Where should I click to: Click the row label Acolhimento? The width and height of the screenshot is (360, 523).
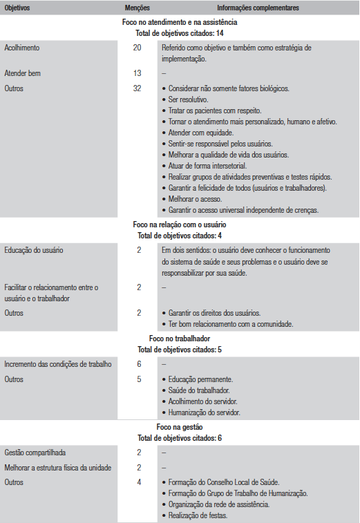pyautogui.click(x=22, y=48)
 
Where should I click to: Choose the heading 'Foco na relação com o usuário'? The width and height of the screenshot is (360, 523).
pyautogui.click(x=180, y=225)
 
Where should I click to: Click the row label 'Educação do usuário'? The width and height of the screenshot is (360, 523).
pyautogui.click(x=34, y=250)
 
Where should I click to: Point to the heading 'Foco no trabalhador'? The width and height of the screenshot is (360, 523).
pyautogui.click(x=180, y=339)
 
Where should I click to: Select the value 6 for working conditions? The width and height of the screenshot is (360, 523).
pyautogui.click(x=139, y=364)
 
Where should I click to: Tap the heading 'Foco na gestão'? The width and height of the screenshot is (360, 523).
pyautogui.click(x=180, y=428)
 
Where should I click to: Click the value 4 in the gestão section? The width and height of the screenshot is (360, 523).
pyautogui.click(x=139, y=482)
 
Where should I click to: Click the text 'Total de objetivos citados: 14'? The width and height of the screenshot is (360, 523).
pyautogui.click(x=180, y=32)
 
